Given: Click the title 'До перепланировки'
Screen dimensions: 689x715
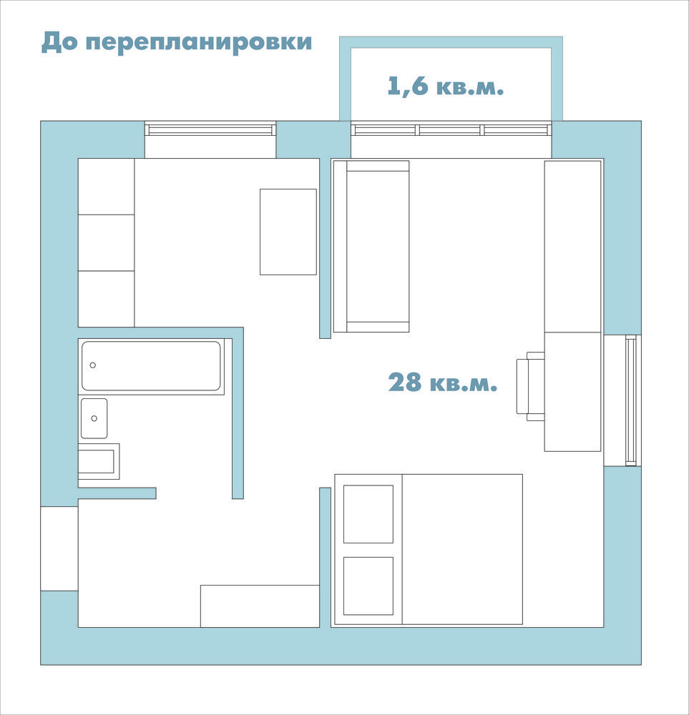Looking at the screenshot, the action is [x=177, y=42].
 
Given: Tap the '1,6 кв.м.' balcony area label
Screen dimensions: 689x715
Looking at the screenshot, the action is [x=445, y=86].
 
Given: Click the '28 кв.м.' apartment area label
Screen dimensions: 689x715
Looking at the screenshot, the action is [x=443, y=382].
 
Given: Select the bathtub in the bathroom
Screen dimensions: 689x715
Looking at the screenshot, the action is [x=151, y=366].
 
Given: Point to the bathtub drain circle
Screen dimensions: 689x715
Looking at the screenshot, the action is [x=92, y=365].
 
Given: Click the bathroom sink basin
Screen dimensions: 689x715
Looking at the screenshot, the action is [x=94, y=418].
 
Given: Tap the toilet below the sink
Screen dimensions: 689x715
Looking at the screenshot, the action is [x=99, y=461].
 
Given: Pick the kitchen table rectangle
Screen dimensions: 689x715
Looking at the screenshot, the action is [x=288, y=232].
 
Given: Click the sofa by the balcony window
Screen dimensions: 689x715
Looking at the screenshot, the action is [x=371, y=246].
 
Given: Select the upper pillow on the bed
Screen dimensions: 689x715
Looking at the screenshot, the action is [x=368, y=514].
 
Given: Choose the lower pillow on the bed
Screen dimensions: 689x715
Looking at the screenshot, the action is [x=368, y=586].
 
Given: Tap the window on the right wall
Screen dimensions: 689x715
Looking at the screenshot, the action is [x=630, y=400].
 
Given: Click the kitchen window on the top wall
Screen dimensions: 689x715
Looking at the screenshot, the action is [x=210, y=129].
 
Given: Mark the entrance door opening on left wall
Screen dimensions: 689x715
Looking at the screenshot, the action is [x=59, y=548].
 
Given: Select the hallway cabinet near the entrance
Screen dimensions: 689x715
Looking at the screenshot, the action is [x=260, y=606].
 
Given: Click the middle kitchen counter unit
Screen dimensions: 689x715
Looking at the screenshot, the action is [x=107, y=242].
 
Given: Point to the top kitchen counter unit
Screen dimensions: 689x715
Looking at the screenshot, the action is [x=107, y=187].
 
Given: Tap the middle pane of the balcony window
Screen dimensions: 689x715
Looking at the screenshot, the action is [x=450, y=130].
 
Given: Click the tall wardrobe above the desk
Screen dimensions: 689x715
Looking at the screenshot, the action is [x=572, y=246].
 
